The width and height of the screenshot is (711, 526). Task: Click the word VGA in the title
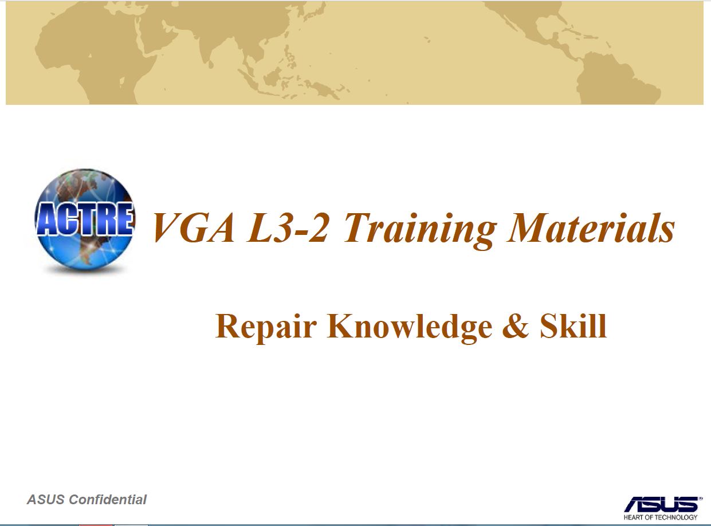pos(193,228)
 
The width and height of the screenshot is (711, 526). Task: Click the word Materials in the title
pos(591,227)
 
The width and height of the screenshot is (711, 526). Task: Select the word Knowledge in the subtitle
pos(410,328)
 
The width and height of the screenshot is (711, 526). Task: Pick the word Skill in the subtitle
pos(573,326)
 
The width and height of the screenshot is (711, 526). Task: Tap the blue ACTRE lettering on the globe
pos(85,219)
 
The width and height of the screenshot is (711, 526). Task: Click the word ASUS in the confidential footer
pos(45,500)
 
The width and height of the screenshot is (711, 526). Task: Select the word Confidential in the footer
pos(108,500)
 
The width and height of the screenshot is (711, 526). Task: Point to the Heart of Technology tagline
pos(661,517)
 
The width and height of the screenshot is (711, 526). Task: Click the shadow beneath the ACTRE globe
pos(85,270)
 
